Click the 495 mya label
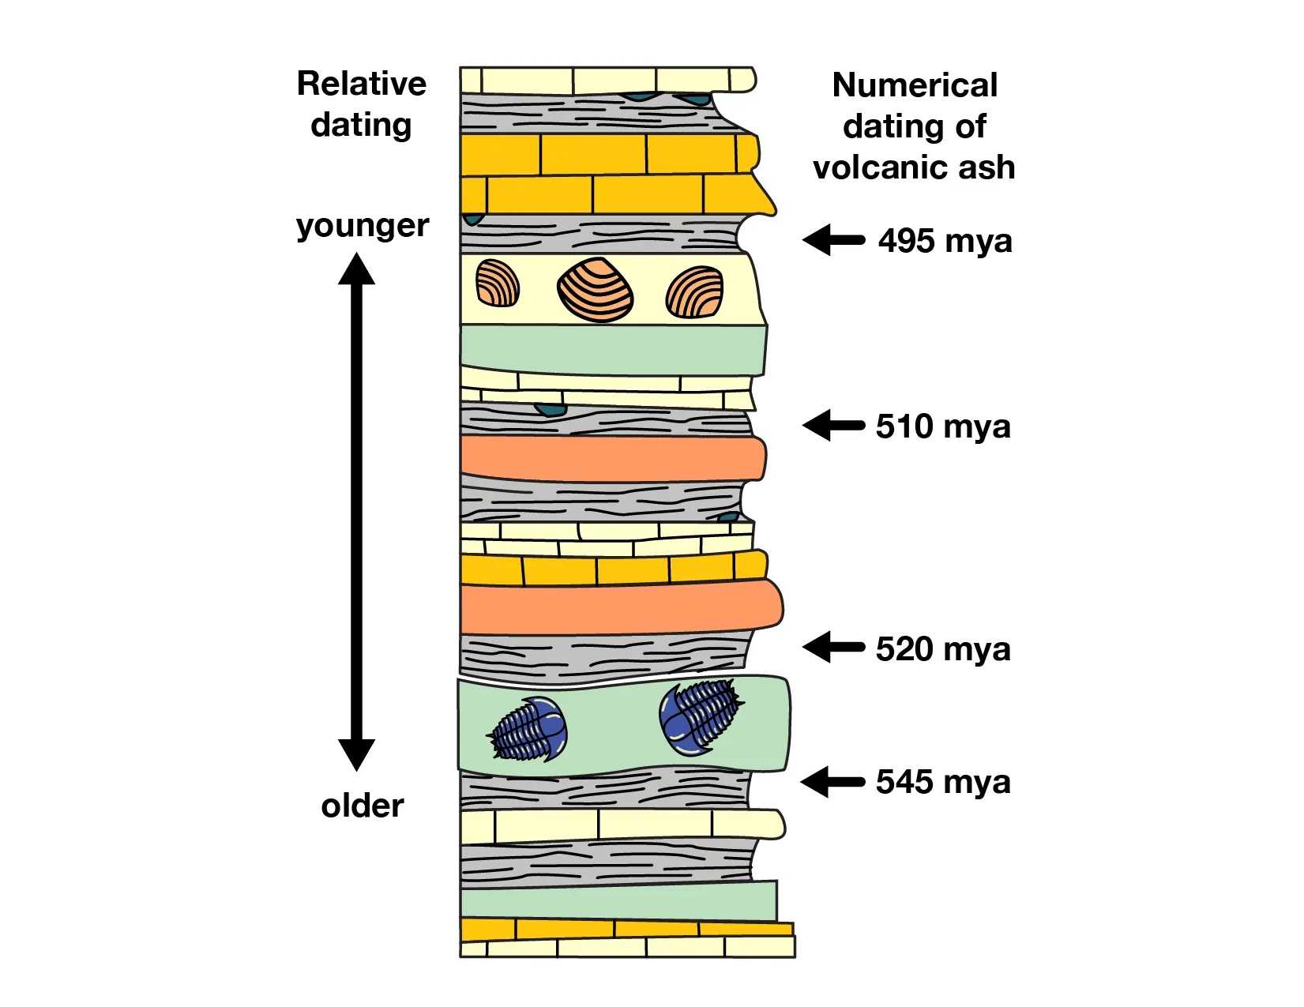pos(945,241)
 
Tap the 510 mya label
pos(943,426)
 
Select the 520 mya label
pos(943,649)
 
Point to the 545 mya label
pos(943,782)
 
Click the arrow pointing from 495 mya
pos(834,239)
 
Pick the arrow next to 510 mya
pos(834,425)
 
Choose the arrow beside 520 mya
pos(834,647)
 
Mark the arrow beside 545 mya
pos(832,782)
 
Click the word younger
pos(363,227)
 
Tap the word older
pos(363,806)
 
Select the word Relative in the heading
pos(362,84)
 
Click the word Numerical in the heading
pos(915,85)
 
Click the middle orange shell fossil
pos(596,291)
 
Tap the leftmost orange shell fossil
pos(498,284)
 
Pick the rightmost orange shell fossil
pos(695,292)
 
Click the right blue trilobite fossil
pos(698,717)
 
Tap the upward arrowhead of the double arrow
pos(357,269)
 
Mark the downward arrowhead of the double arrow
pos(357,754)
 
